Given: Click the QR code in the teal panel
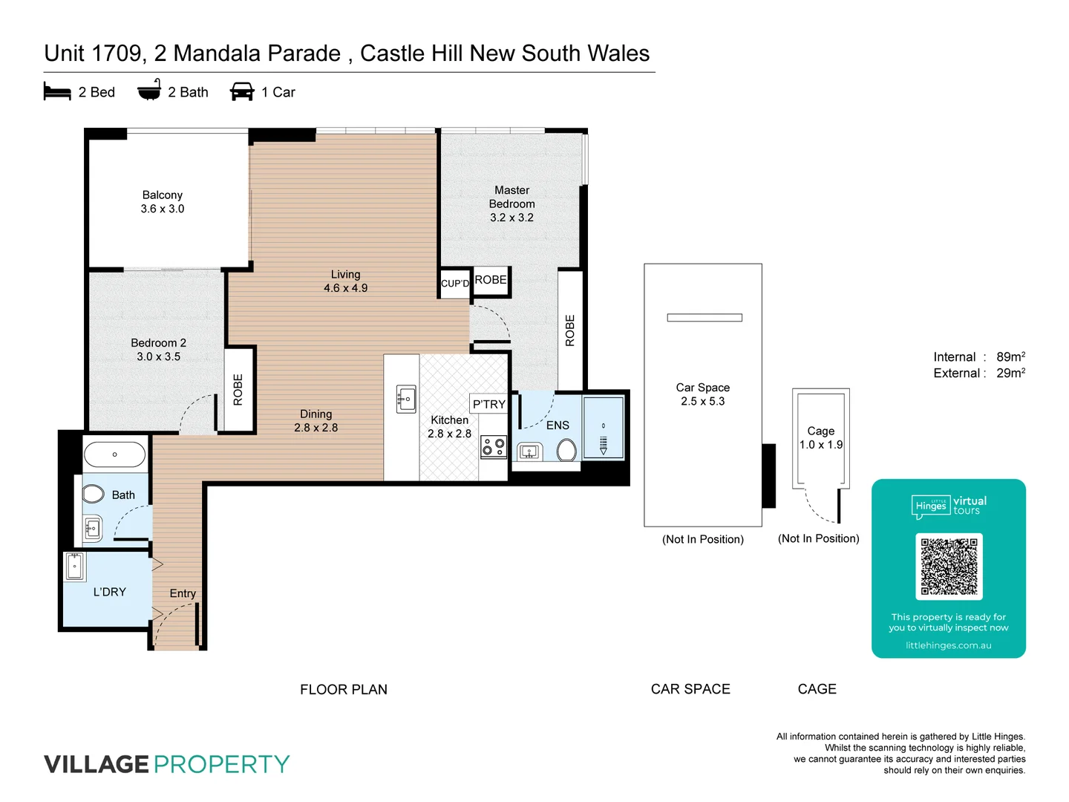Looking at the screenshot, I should point(949,566).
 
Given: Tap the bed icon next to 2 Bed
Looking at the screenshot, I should point(57,92).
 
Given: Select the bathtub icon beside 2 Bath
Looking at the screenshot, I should point(149,90).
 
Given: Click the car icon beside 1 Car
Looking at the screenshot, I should point(242,91).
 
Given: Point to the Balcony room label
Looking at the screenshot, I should point(163,195).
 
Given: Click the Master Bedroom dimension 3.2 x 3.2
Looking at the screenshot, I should point(511,218).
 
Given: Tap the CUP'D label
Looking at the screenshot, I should point(455,284).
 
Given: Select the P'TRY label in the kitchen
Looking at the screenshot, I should point(489,404).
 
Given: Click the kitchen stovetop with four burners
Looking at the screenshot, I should point(494,446).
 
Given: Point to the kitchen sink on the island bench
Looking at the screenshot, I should point(406,399).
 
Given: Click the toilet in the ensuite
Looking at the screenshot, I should point(566,450).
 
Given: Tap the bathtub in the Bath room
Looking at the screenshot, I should point(114,454).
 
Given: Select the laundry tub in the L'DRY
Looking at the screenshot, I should point(75,567).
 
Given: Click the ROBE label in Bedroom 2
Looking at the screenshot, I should point(238,390).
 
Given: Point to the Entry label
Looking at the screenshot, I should point(183,593).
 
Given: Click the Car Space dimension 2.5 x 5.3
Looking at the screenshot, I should point(702,401).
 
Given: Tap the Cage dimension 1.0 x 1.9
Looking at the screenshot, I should point(821,445).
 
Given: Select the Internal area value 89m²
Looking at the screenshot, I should point(1010,357).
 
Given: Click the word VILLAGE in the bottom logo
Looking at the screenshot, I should point(97,764).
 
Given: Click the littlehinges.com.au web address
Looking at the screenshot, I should point(948,645).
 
